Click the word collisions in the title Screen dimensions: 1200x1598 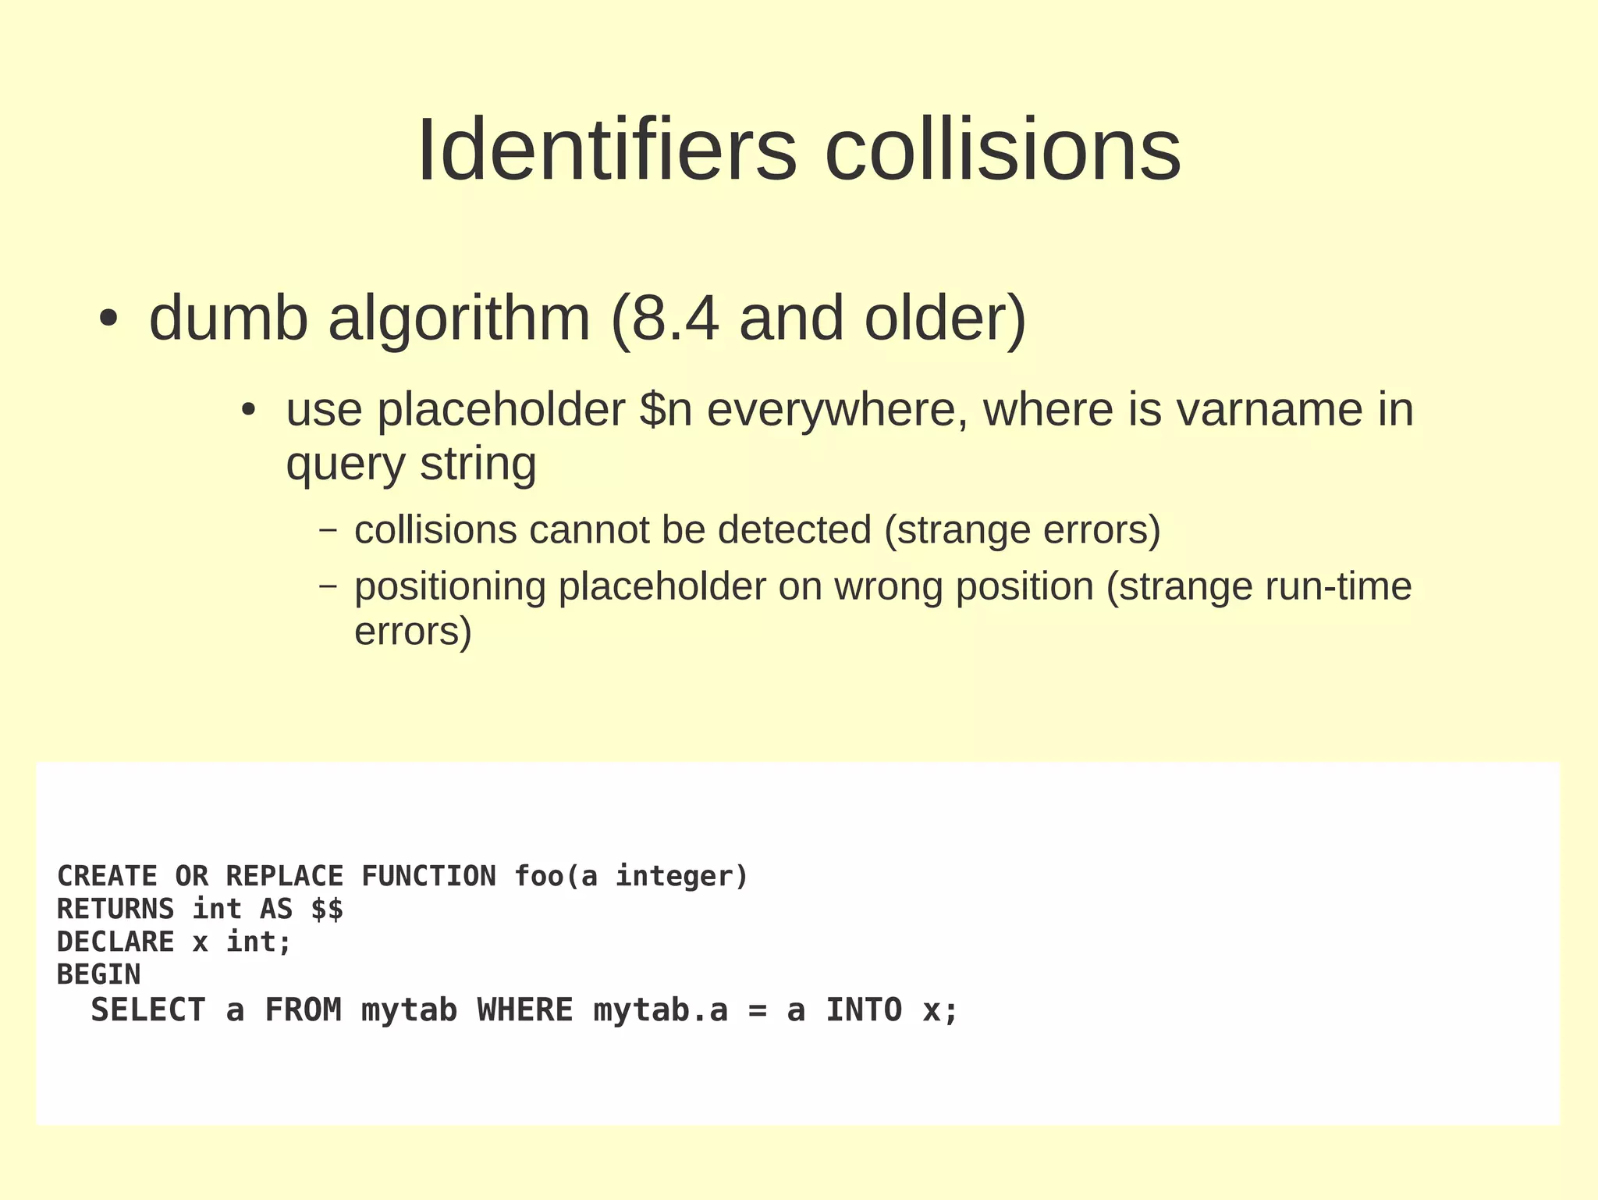(x=1003, y=149)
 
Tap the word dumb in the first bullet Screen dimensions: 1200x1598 (x=229, y=319)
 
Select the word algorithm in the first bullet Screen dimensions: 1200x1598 (x=459, y=319)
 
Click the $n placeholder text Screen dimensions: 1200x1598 (x=666, y=409)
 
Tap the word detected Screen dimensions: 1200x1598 (x=794, y=530)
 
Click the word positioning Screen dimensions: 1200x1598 (x=450, y=586)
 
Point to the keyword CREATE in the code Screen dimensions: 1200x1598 (x=108, y=876)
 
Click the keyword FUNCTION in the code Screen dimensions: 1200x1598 (x=428, y=876)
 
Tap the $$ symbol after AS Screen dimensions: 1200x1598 (x=327, y=910)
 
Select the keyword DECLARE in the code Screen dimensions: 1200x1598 (x=115, y=942)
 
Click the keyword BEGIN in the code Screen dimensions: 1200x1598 (x=99, y=974)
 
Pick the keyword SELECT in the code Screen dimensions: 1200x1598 (x=148, y=1010)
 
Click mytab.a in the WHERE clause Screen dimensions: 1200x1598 (x=660, y=1010)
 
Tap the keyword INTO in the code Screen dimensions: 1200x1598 (x=864, y=1010)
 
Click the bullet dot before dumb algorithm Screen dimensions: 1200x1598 (x=108, y=319)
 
